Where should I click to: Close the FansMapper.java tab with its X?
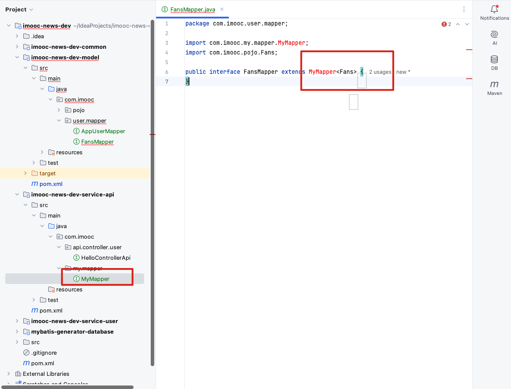(x=222, y=10)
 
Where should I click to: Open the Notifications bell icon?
(x=494, y=9)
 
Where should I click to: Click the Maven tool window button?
(x=494, y=88)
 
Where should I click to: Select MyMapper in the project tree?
(x=95, y=279)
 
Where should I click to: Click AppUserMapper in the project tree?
(x=103, y=131)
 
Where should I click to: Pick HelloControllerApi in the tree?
(x=105, y=258)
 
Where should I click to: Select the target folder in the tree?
(x=47, y=173)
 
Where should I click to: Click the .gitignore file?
(x=44, y=353)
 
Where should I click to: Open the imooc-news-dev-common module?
(x=69, y=47)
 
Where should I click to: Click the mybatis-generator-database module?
(x=72, y=331)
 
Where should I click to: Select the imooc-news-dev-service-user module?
(x=74, y=321)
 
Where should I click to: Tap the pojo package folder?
(x=79, y=110)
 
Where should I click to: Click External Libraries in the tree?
(x=46, y=374)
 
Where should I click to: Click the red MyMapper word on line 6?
(x=322, y=72)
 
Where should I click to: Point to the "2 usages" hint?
(x=380, y=72)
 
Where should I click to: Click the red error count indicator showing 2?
(x=446, y=24)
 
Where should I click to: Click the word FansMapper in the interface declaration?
(x=261, y=72)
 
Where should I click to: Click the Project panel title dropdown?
(x=19, y=10)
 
